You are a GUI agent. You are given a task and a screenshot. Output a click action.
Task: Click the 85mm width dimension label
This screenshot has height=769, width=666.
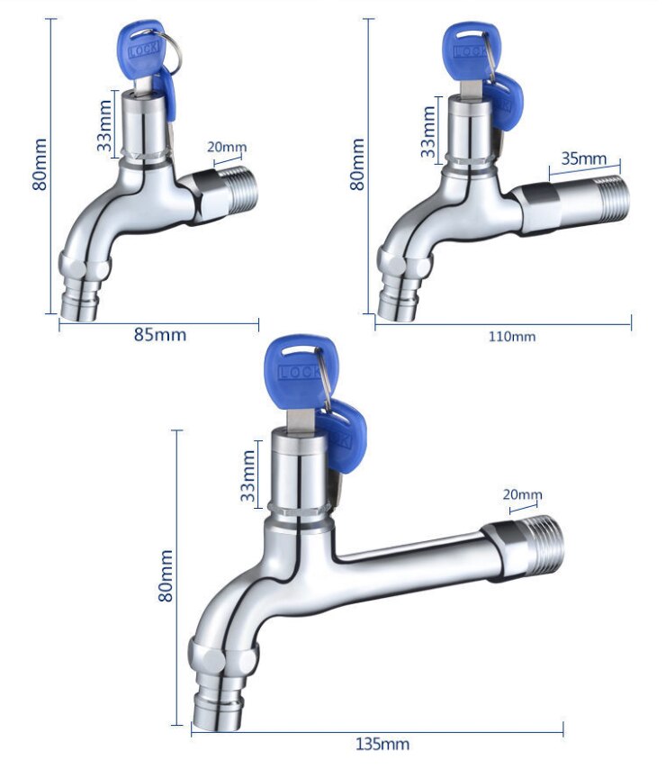pyautogui.click(x=160, y=335)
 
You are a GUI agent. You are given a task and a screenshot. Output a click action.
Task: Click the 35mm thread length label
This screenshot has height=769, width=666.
pyautogui.click(x=584, y=158)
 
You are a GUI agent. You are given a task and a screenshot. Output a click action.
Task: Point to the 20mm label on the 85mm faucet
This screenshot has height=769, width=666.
pyautogui.click(x=226, y=148)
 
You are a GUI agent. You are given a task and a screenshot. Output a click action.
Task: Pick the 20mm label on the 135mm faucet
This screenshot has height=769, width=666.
pyautogui.click(x=523, y=494)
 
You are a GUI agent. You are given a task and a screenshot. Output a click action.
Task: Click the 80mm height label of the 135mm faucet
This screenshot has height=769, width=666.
pyautogui.click(x=166, y=577)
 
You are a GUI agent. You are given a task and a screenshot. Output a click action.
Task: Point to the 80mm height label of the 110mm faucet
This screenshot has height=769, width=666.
pyautogui.click(x=358, y=163)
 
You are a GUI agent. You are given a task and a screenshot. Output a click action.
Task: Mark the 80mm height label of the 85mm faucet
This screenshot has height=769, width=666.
pyautogui.click(x=40, y=163)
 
